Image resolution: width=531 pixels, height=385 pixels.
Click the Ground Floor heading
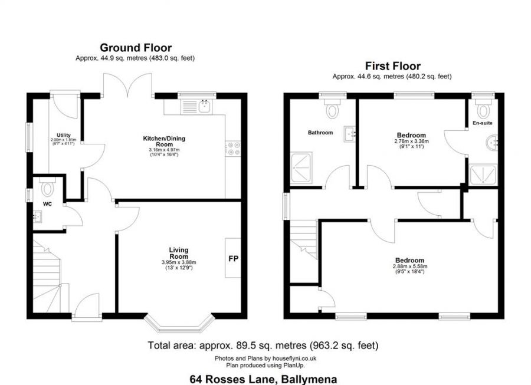pyautogui.click(x=135, y=48)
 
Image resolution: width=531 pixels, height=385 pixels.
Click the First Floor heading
pyautogui.click(x=392, y=66)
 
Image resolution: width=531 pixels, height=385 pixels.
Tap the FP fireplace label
pyautogui.click(x=233, y=259)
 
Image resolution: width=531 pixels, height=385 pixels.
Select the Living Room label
pyautogui.click(x=178, y=254)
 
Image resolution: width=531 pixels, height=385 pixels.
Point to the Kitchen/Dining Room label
pyautogui.click(x=164, y=142)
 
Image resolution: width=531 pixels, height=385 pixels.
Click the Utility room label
pyautogui.click(x=64, y=135)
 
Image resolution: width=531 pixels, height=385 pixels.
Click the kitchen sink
pyautogui.click(x=204, y=106)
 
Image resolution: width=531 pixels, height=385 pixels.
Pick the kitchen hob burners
pyautogui.click(x=233, y=148)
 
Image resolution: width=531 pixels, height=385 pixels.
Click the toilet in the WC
pyautogui.click(x=47, y=188)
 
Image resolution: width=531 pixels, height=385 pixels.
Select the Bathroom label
pyautogui.click(x=320, y=133)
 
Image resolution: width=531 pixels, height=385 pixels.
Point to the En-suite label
pyautogui.click(x=482, y=123)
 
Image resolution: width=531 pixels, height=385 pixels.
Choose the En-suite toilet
pyautogui.click(x=484, y=109)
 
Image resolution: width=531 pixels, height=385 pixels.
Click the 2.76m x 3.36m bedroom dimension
pyautogui.click(x=411, y=142)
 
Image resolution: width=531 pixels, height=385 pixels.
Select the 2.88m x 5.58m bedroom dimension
pyautogui.click(x=409, y=267)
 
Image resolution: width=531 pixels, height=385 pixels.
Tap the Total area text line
pyautogui.click(x=263, y=345)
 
